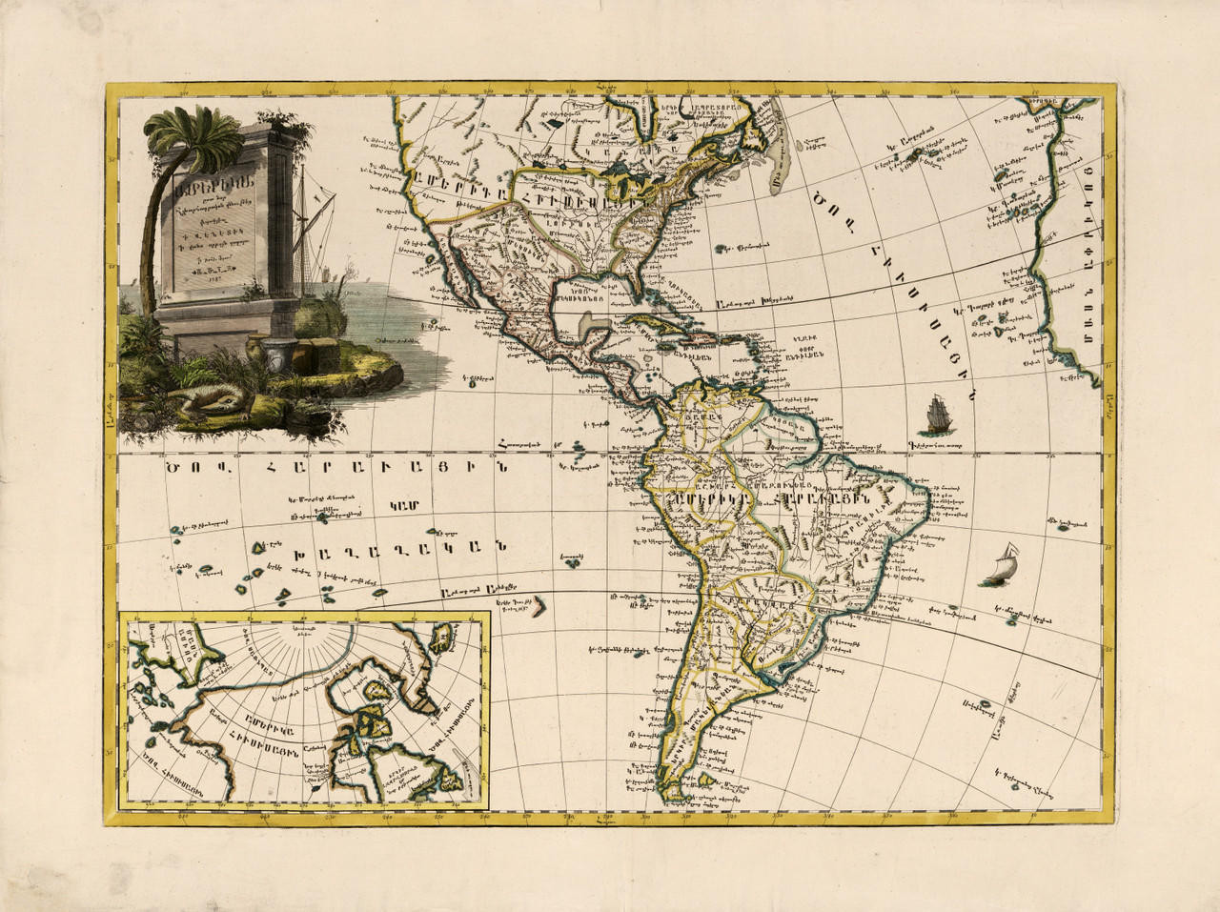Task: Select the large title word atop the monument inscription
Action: pyautogui.click(x=224, y=186)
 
